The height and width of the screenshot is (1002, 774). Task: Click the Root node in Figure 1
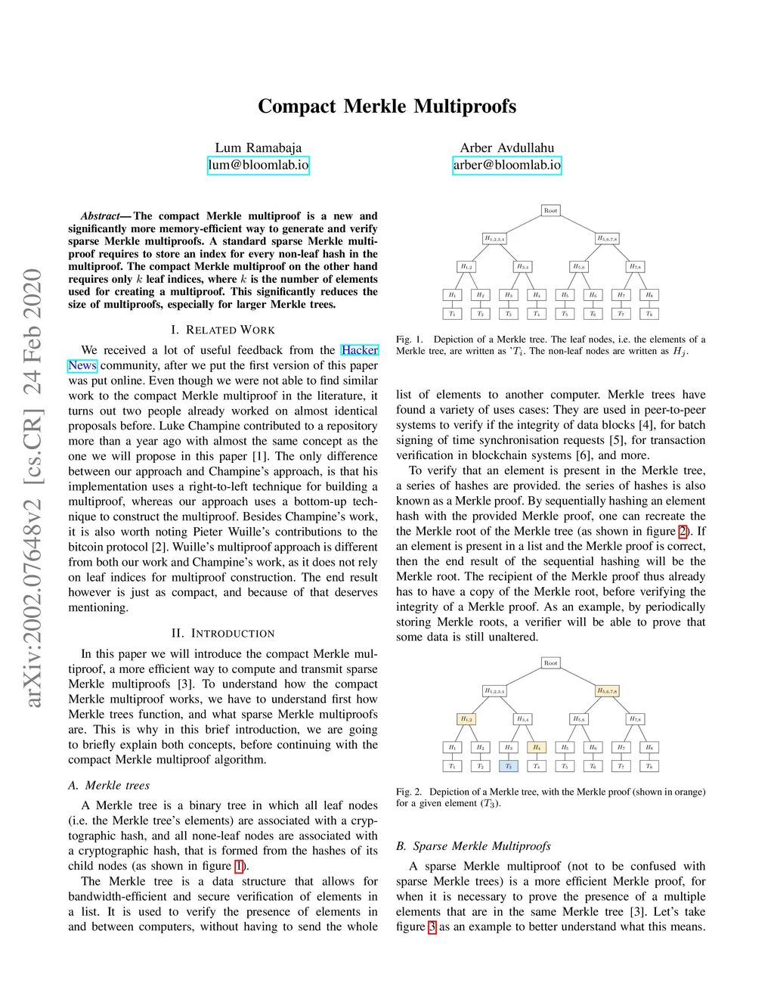(x=550, y=210)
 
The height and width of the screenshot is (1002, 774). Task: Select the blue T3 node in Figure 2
(x=508, y=766)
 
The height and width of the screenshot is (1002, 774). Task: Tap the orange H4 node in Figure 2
(x=536, y=747)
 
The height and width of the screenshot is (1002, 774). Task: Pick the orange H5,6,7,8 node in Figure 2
(x=607, y=690)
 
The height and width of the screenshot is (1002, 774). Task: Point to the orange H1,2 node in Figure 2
(x=466, y=719)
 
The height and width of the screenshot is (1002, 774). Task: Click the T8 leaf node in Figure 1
(x=649, y=313)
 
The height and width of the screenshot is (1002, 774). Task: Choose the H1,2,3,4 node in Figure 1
(x=494, y=238)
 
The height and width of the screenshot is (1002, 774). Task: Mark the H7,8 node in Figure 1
(x=635, y=266)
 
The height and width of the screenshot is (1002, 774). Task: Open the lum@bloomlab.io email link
(x=259, y=165)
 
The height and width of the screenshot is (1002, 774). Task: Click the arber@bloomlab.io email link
(x=507, y=165)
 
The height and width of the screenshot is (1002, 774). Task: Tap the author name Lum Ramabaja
(x=259, y=147)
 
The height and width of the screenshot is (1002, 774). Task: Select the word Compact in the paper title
(x=296, y=106)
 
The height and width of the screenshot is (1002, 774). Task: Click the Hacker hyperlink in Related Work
(x=359, y=350)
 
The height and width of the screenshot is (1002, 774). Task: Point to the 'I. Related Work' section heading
(x=223, y=330)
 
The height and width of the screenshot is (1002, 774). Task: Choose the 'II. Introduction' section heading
(x=223, y=633)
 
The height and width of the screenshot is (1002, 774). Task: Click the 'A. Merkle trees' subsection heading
(x=109, y=785)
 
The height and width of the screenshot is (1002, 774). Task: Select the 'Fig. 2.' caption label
(x=409, y=792)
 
